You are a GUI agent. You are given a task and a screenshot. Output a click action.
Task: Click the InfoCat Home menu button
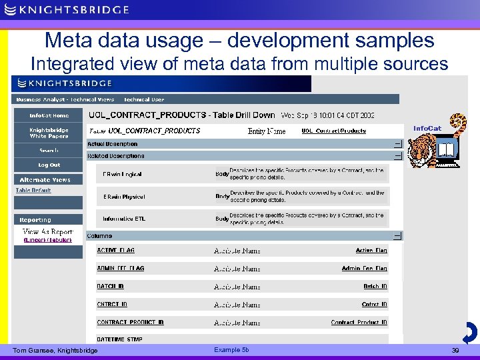click(x=49, y=115)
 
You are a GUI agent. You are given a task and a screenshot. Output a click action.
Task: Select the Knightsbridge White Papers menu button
click(x=49, y=133)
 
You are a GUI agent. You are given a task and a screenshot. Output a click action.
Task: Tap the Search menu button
click(x=49, y=151)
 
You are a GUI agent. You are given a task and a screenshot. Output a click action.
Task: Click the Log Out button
click(x=49, y=165)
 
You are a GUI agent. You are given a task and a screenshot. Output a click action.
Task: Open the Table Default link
click(x=33, y=191)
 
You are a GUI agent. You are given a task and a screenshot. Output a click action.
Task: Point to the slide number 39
click(x=456, y=351)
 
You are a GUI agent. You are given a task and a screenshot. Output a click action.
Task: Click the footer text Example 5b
click(x=231, y=350)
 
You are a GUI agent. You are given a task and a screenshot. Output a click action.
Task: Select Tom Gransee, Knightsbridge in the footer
click(x=55, y=351)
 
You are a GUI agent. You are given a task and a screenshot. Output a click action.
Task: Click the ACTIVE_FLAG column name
click(x=115, y=251)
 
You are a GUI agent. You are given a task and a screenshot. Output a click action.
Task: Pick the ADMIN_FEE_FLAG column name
click(x=120, y=269)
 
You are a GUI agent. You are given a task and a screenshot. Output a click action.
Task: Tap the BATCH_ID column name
click(x=110, y=287)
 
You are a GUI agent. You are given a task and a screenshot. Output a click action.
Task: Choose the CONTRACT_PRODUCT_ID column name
click(x=130, y=323)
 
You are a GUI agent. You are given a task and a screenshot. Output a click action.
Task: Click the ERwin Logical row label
click(x=122, y=175)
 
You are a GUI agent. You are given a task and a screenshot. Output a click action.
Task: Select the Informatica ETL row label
click(x=123, y=219)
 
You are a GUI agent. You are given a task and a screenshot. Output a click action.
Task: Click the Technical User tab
click(x=144, y=99)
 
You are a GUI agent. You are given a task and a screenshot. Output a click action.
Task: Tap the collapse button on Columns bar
click(x=397, y=236)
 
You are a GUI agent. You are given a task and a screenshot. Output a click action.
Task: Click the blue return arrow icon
click(x=469, y=332)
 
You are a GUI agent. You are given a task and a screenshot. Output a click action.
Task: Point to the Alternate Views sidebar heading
click(x=45, y=180)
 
